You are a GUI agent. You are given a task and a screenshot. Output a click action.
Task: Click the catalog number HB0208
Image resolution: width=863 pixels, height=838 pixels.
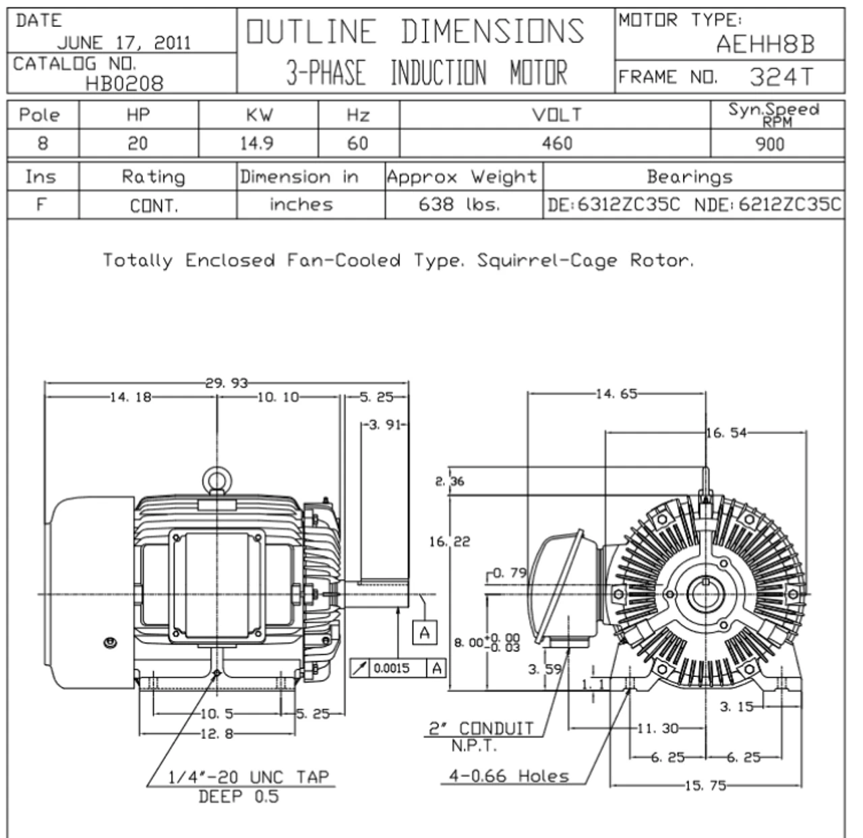coord(124,83)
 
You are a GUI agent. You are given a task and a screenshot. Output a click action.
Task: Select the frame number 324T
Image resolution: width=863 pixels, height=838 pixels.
coord(781,77)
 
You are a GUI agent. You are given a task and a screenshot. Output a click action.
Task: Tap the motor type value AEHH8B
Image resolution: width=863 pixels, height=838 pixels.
coord(765,44)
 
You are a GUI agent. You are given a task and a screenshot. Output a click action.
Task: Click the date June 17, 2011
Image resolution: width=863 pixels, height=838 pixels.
coord(124,44)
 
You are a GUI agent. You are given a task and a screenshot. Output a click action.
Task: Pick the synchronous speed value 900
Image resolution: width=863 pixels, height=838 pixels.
coord(770,143)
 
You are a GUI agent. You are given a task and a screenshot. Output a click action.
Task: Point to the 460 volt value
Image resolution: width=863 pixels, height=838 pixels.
coord(557,143)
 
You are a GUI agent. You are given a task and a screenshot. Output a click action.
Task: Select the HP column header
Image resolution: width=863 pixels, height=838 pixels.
coord(138,115)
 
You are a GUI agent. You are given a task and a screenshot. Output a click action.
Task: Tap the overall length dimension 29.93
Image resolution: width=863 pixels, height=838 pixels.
coord(227,383)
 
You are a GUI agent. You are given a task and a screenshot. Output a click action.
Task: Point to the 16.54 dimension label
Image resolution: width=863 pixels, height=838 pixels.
coord(727,433)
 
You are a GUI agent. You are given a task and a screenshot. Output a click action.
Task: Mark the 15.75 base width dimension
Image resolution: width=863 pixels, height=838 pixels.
coord(705,785)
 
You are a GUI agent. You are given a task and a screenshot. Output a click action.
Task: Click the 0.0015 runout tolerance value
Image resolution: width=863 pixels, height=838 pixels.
coord(392,668)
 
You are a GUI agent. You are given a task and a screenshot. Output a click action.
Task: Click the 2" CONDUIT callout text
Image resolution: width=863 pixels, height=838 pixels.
coord(482,729)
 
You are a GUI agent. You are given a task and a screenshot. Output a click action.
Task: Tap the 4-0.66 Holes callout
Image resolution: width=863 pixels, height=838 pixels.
coord(509,776)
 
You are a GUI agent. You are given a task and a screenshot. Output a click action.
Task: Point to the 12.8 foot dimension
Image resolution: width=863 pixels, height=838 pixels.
coord(216,734)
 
